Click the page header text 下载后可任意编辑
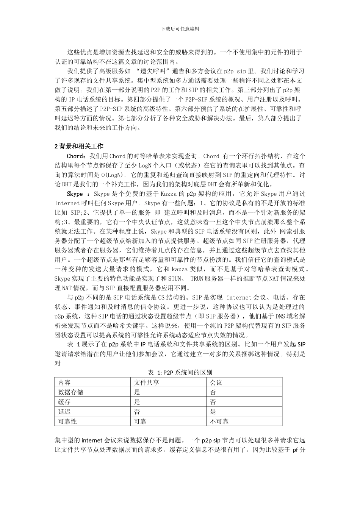point(180,29)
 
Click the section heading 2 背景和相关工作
point(79,146)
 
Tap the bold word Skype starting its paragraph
point(75,194)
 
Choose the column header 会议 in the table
point(216,383)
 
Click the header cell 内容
point(64,383)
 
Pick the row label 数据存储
point(70,392)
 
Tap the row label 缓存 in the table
point(64,402)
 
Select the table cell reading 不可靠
point(219,422)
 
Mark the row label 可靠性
point(67,422)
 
